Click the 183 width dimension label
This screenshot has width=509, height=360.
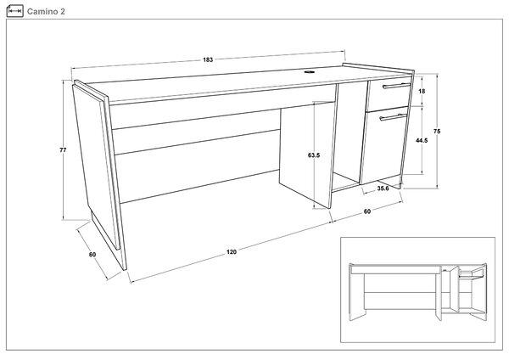(x=208, y=59)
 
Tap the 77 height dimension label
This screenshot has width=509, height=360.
(x=63, y=149)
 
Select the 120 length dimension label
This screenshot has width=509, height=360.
(x=232, y=252)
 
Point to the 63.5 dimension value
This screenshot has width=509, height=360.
(x=314, y=155)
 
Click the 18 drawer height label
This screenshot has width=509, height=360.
(x=422, y=92)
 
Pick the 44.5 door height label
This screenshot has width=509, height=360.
(x=422, y=140)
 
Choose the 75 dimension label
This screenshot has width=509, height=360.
(x=437, y=132)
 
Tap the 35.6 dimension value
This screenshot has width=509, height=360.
(x=383, y=188)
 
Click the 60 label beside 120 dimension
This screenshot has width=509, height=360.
(x=366, y=211)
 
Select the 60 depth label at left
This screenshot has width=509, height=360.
(x=92, y=255)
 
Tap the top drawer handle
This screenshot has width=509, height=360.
(x=397, y=86)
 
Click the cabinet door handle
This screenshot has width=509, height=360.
(x=393, y=117)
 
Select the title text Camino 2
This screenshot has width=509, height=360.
(x=46, y=11)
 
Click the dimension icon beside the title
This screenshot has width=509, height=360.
(x=14, y=11)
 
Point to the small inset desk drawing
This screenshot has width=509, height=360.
(x=417, y=290)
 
